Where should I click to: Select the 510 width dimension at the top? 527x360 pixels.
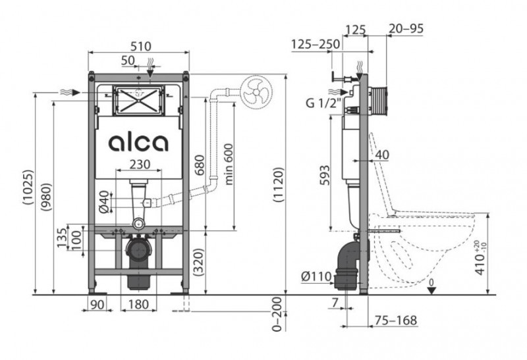pyautogui.click(x=140, y=46)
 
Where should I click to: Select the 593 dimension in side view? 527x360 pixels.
pyautogui.click(x=323, y=174)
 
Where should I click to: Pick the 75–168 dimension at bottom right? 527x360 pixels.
pyautogui.click(x=396, y=321)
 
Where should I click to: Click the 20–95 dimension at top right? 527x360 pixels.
pyautogui.click(x=407, y=29)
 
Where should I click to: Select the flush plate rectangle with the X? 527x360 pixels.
pyautogui.click(x=138, y=99)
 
